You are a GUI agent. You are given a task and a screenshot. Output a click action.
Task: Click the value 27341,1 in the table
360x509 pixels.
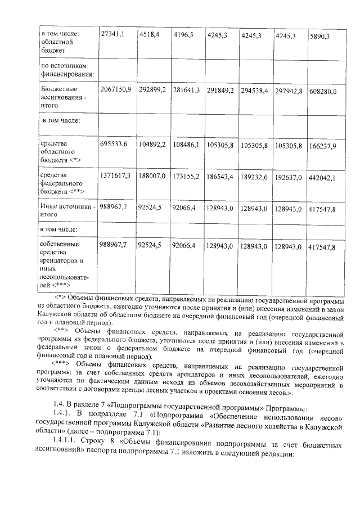pyautogui.click(x=111, y=34)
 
